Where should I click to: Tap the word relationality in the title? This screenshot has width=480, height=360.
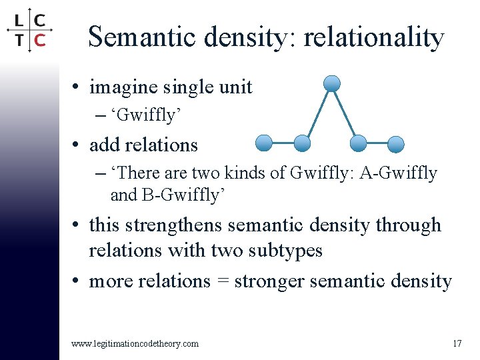click(373, 37)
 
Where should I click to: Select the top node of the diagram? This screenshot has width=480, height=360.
click(331, 83)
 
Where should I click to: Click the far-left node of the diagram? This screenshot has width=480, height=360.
click(264, 143)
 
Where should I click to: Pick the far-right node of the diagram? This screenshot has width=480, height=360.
click(396, 144)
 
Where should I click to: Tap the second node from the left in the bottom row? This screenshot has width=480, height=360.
click(302, 143)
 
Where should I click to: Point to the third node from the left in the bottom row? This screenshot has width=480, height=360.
click(359, 143)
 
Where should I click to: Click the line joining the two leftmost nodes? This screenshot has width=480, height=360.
click(283, 143)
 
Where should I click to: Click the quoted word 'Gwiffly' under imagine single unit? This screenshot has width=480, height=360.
click(147, 115)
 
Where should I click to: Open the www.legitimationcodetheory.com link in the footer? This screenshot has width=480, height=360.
click(135, 343)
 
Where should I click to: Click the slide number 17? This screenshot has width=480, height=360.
click(456, 343)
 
